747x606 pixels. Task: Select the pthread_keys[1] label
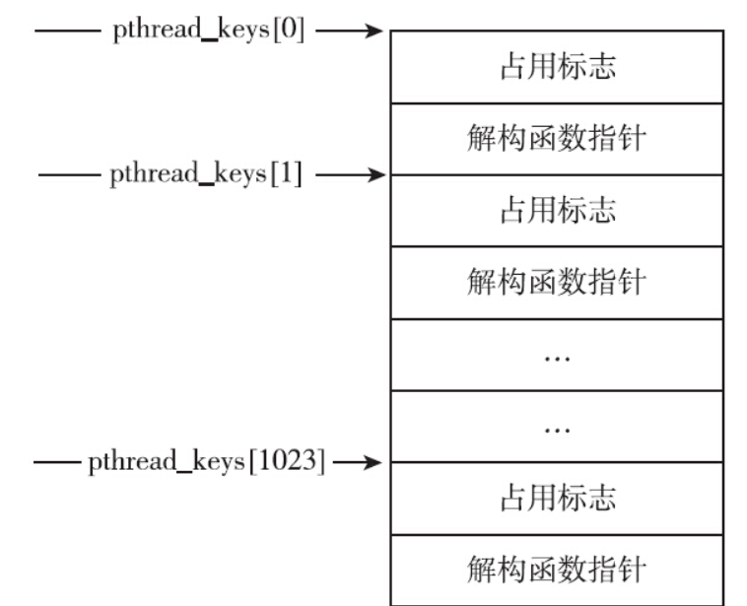(206, 175)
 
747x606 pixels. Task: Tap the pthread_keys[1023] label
(206, 460)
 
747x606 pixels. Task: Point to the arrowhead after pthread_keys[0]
(373, 32)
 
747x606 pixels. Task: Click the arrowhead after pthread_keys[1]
(373, 176)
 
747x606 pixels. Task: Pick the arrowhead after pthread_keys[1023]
(373, 461)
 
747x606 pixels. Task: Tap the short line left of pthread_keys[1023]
(57, 461)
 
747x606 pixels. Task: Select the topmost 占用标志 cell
(557, 67)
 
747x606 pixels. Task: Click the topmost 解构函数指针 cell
(557, 139)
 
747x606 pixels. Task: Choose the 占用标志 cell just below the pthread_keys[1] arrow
(557, 211)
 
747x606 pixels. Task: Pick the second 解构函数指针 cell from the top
(557, 283)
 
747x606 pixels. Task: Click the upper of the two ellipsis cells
(557, 355)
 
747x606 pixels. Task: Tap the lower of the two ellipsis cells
(557, 427)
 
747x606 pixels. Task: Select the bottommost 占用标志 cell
(557, 499)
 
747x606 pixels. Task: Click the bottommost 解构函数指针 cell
(557, 570)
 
